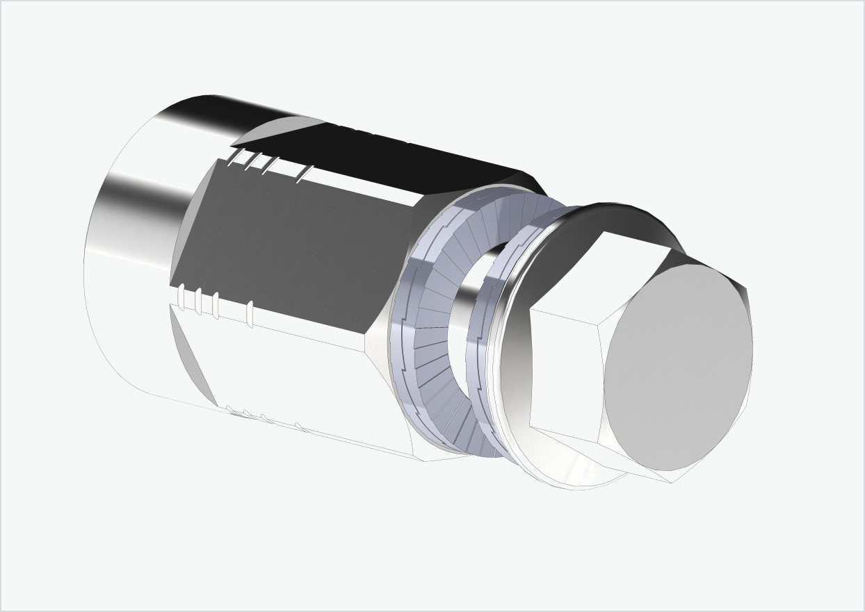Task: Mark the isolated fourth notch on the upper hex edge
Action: [304, 174]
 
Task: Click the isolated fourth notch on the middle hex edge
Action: [250, 314]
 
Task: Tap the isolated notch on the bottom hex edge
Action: [299, 426]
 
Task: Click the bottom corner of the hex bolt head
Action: [672, 478]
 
